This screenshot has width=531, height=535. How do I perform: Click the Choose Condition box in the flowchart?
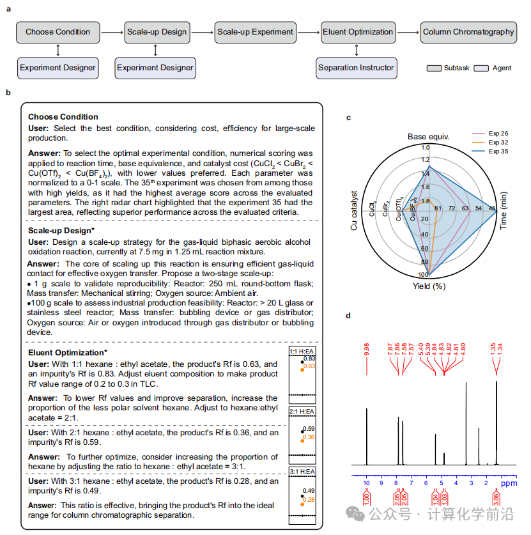tap(58, 32)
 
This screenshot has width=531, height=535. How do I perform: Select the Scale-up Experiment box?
tap(255, 32)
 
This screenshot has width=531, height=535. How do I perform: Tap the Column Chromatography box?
tap(468, 32)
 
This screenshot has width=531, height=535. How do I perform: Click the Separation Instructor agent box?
tap(356, 68)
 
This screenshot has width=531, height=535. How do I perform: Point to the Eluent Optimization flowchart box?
tap(358, 32)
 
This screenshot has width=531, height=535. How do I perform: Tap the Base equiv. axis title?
tap(428, 137)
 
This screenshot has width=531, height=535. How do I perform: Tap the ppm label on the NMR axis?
tap(507, 484)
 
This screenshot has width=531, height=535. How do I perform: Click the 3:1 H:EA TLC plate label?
tap(302, 472)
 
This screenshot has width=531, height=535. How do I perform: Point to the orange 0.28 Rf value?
tap(309, 499)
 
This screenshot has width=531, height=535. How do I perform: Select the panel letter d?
tap(348, 316)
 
